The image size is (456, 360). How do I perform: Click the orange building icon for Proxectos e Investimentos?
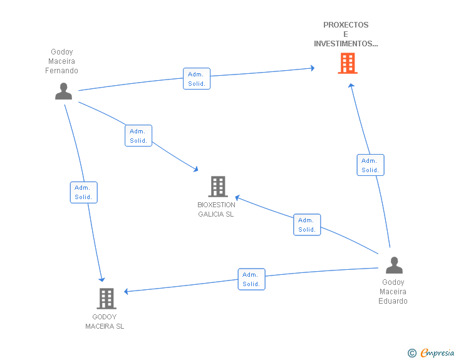coord(347,63)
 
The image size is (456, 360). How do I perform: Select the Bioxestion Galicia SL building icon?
coord(217,187)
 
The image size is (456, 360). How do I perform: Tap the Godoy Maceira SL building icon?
coord(106,299)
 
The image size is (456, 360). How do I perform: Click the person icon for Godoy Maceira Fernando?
coord(63,91)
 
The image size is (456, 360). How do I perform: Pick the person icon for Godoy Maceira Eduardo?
coord(394,265)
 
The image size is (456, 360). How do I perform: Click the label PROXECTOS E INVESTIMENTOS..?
coord(346,34)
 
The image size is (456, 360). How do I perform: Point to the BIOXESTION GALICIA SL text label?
coord(216,210)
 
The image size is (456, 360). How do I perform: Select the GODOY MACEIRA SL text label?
coord(105,322)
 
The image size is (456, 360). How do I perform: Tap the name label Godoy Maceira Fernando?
coord(61,61)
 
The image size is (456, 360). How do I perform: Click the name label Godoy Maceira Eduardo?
coord(393,292)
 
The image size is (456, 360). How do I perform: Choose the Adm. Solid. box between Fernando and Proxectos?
coord(197,79)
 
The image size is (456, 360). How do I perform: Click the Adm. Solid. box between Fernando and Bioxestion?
coord(138,136)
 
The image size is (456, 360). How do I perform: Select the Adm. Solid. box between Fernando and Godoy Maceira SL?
coord(83,192)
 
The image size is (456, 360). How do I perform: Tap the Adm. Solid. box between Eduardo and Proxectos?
coord(370,165)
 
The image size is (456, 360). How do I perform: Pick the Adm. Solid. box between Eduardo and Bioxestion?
coord(307,225)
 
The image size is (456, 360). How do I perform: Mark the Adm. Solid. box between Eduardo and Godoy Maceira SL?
coord(251,279)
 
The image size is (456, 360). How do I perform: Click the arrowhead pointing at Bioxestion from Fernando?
coord(195,169)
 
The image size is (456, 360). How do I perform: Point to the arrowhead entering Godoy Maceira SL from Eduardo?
coord(127,292)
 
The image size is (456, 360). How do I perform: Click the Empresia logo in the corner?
coord(437,352)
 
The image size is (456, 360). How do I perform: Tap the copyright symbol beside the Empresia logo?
coord(412,353)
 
